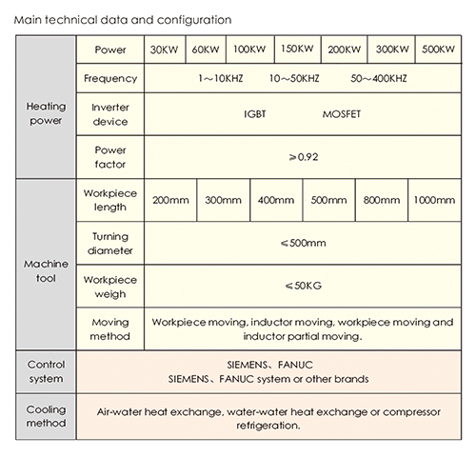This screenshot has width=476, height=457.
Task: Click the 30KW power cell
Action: pos(165,50)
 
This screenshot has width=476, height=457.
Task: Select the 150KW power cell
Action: pos(297,49)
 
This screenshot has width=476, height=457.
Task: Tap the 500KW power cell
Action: pos(438,50)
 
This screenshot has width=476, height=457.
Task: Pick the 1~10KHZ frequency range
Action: pos(221,78)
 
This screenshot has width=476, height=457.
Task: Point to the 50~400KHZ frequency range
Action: pos(379,78)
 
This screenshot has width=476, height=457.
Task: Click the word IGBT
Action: pos(254,114)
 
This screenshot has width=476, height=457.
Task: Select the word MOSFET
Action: pos(342,114)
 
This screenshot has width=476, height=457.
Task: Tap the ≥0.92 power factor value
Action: pos(304,157)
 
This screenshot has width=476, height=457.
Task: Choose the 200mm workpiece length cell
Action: pos(170,200)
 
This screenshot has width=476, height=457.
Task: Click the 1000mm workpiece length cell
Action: pos(434,200)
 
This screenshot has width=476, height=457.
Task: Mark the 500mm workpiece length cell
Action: pos(328,200)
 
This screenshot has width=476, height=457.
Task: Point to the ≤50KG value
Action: pos(304,286)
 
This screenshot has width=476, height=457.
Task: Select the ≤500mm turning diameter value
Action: pos(304,243)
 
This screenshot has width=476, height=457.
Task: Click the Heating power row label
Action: pos(46,113)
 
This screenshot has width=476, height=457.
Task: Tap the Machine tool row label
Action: pos(46,271)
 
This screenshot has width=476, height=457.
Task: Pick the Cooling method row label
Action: pos(46,416)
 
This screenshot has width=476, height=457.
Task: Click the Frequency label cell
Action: pos(110,78)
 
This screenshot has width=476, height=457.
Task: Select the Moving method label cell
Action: pos(110,329)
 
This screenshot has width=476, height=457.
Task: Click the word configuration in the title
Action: pos(194,20)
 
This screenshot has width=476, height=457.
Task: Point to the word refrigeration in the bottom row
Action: pos(268,426)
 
